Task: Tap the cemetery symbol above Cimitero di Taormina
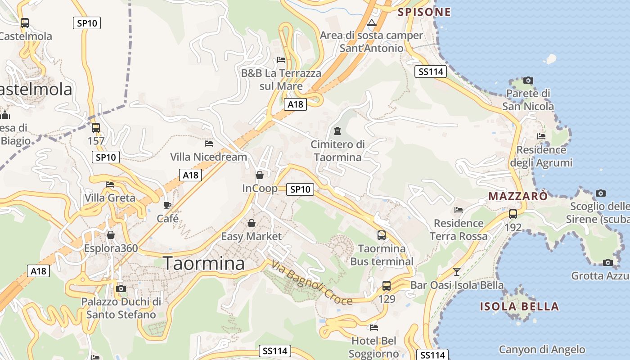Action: pyautogui.click(x=337, y=131)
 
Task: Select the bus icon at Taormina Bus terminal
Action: pyautogui.click(x=381, y=235)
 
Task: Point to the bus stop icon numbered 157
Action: pyautogui.click(x=95, y=128)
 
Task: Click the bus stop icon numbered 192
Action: pyautogui.click(x=513, y=214)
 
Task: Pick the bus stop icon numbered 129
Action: pyautogui.click(x=386, y=285)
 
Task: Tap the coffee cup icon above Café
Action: pyautogui.click(x=167, y=206)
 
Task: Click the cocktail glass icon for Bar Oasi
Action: pyautogui.click(x=457, y=271)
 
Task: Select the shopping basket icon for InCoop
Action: pyautogui.click(x=260, y=175)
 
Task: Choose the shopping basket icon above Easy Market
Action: pyautogui.click(x=252, y=223)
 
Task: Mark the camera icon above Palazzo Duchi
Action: pyautogui.click(x=121, y=288)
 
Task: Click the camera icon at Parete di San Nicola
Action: pyautogui.click(x=528, y=81)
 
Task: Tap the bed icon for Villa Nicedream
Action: pyautogui.click(x=209, y=144)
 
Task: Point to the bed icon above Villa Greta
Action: pyautogui.click(x=110, y=184)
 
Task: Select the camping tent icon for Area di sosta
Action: pyautogui.click(x=371, y=22)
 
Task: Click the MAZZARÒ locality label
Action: pyautogui.click(x=518, y=196)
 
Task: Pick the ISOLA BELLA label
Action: pyautogui.click(x=519, y=307)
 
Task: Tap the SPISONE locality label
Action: pyautogui.click(x=424, y=12)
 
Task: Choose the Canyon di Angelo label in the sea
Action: pyautogui.click(x=542, y=349)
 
